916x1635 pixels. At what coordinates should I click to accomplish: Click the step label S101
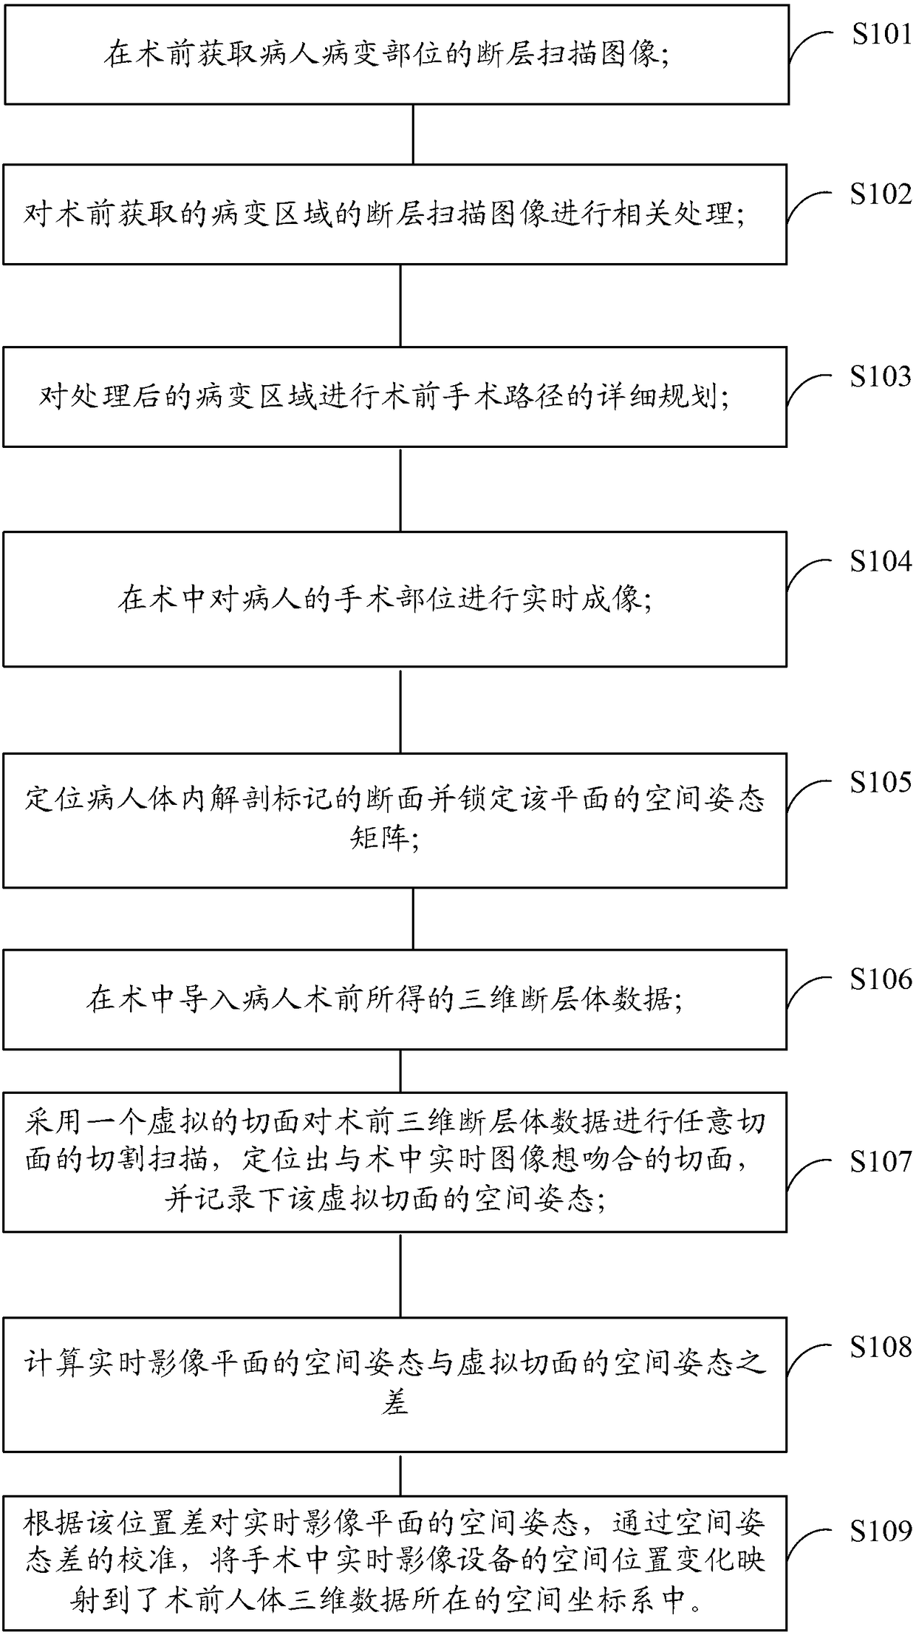(x=881, y=34)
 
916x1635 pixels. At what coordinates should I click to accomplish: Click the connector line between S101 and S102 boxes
(x=413, y=134)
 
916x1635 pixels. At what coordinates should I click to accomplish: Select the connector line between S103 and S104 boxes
(x=400, y=489)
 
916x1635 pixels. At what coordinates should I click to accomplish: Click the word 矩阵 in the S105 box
(x=383, y=838)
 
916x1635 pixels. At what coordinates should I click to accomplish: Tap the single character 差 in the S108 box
(x=395, y=1403)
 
